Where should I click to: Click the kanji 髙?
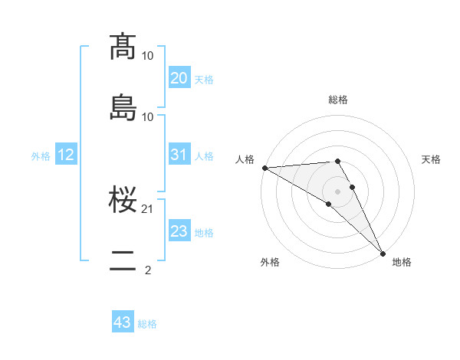(x=123, y=47)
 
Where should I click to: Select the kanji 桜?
(x=123, y=201)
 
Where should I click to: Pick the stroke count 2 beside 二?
(x=148, y=270)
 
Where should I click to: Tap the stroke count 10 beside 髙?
(x=148, y=56)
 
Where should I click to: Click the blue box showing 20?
(x=179, y=78)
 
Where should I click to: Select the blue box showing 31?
(x=179, y=155)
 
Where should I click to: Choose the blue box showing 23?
(x=179, y=231)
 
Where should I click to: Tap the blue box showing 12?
(x=66, y=155)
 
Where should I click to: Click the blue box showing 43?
(x=123, y=322)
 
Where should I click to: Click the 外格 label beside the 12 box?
(x=41, y=155)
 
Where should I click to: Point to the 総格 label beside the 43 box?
(x=147, y=324)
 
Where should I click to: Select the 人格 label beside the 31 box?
(x=204, y=155)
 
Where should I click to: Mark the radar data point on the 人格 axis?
(x=264, y=168)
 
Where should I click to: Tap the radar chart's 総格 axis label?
(x=338, y=100)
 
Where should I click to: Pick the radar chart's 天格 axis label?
(x=431, y=159)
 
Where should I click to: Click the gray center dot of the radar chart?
(x=337, y=191)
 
